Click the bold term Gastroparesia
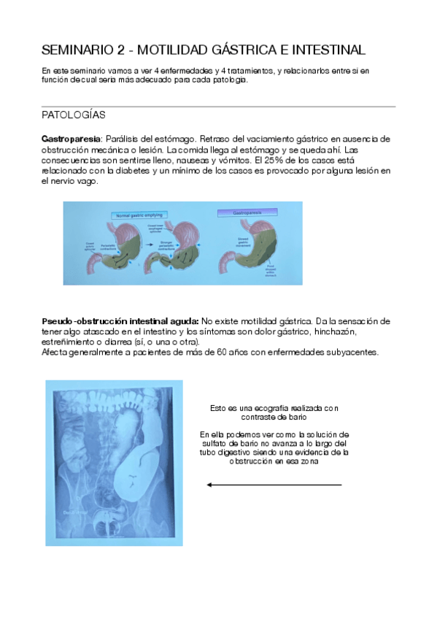point(69,139)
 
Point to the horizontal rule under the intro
point(218,107)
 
